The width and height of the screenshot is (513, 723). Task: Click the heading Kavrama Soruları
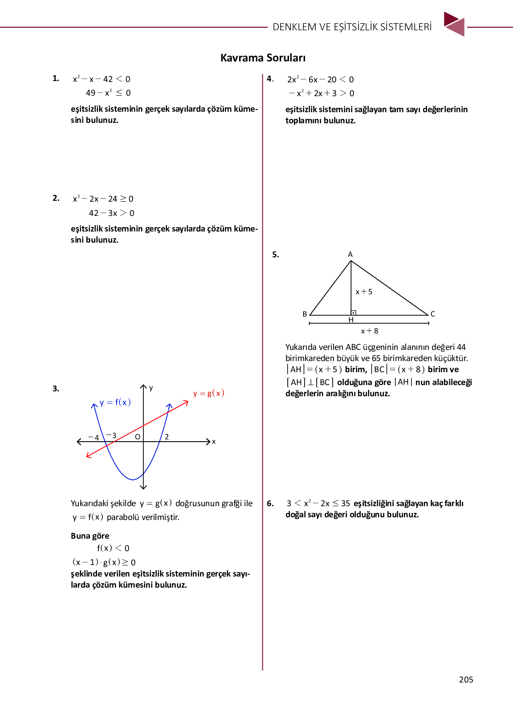point(263,58)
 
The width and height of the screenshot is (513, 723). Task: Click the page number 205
point(466,679)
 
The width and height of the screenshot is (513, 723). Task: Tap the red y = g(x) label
point(208,393)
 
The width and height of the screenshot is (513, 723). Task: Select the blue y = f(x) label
point(115,402)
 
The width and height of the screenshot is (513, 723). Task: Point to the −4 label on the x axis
point(94,438)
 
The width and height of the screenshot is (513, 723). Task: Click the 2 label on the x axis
point(167,437)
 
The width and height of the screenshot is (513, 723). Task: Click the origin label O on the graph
point(138,437)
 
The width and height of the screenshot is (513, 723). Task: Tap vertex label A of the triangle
point(350,254)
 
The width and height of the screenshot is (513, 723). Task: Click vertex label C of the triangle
point(432,314)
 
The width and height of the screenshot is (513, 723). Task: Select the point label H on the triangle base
point(351,320)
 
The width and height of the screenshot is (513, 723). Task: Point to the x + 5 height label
point(364,292)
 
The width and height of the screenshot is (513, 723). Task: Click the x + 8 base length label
point(369,331)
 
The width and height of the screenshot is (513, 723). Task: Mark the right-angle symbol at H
point(353,313)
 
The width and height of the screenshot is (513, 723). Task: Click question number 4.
point(270,79)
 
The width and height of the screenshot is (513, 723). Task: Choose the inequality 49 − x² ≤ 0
point(108,93)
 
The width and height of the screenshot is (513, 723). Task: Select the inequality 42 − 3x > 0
point(111,213)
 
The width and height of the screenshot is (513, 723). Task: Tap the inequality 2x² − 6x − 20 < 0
point(320,79)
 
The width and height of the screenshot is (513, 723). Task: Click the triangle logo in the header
point(454,24)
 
